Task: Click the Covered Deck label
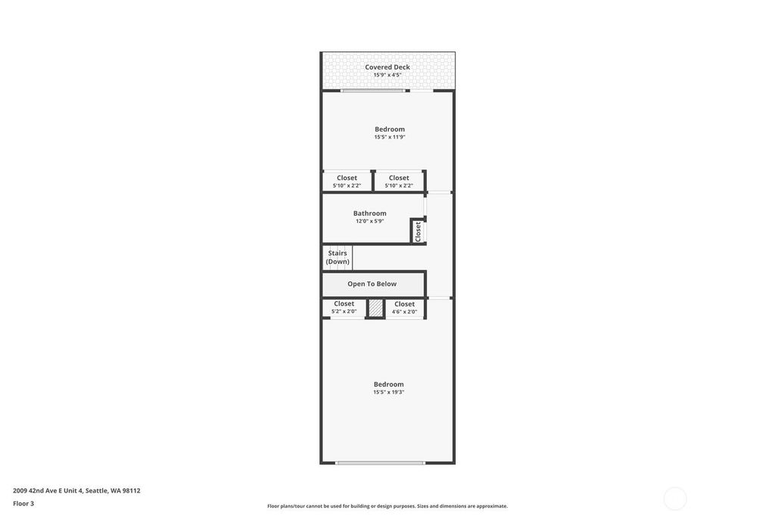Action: pos(387,67)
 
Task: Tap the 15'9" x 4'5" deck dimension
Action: pos(387,75)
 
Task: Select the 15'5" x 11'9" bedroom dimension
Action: pos(390,137)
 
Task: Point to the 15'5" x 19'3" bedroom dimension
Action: pos(388,392)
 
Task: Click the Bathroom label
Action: pos(369,213)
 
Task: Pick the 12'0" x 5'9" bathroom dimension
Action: pos(369,221)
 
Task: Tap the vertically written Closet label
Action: pos(418,232)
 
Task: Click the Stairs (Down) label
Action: pos(338,257)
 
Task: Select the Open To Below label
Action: pos(372,284)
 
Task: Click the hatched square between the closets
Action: pos(375,309)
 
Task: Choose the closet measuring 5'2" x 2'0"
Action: pos(344,307)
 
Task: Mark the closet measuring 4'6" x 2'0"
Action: pos(404,307)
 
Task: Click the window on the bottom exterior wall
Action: pos(380,462)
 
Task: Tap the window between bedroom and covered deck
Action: pos(373,91)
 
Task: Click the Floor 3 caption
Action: pos(23,504)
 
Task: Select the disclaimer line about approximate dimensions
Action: pos(387,506)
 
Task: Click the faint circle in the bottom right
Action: pos(675,498)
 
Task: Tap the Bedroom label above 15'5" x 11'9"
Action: pos(390,129)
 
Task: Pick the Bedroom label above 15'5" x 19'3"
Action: pos(388,384)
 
